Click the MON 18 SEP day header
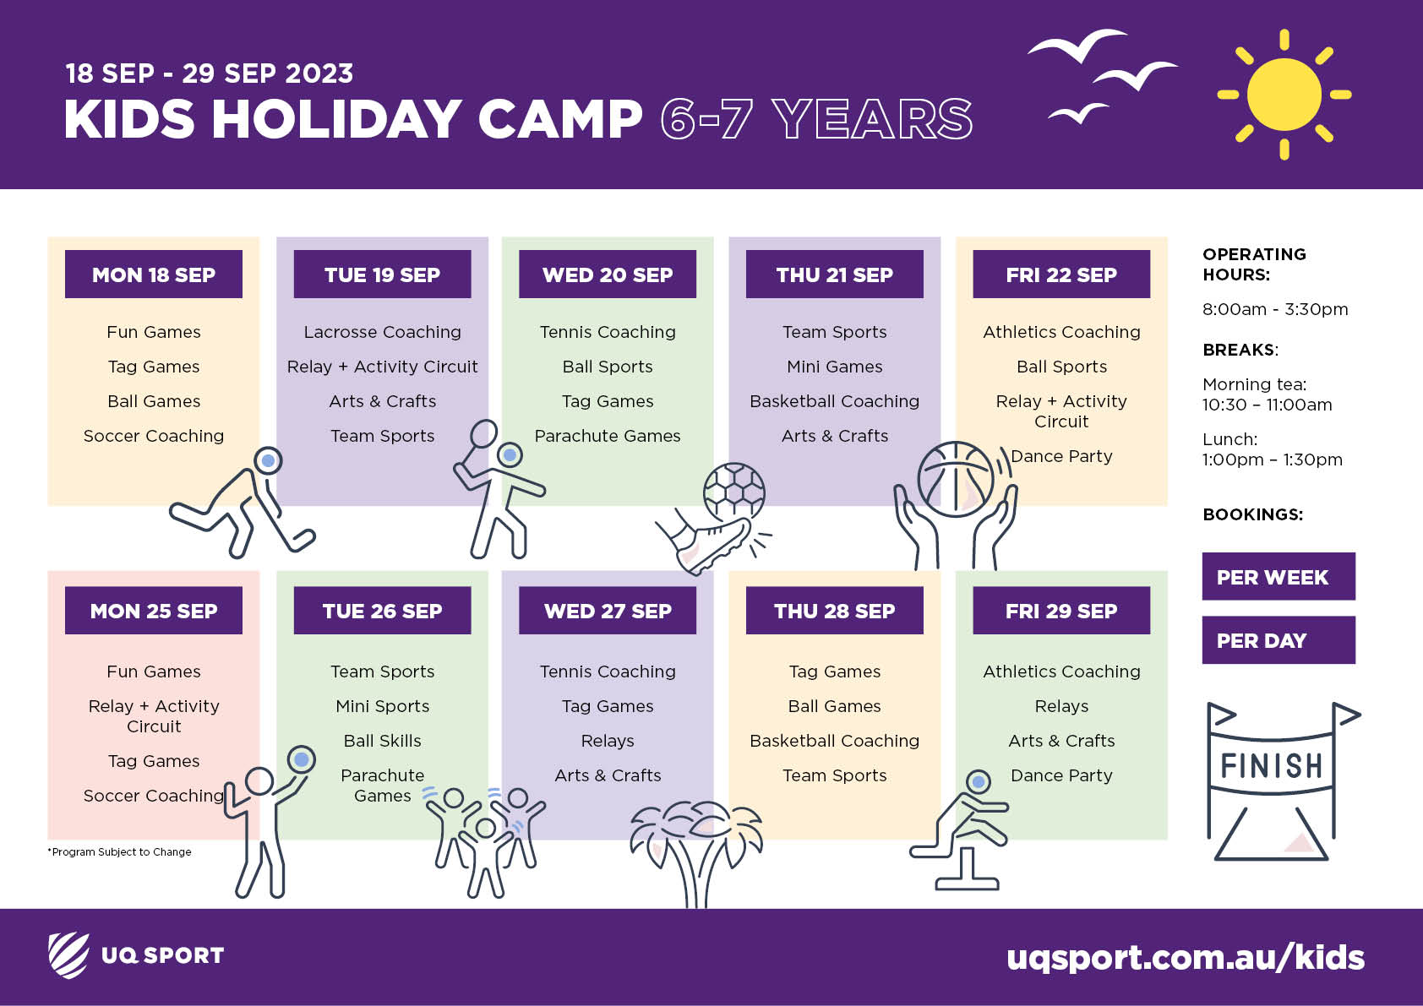click(153, 275)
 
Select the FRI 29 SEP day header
click(1060, 611)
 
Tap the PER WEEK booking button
click(1279, 577)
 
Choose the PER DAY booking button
click(1279, 640)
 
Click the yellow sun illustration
click(1284, 95)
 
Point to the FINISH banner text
click(1271, 765)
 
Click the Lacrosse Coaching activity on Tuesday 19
click(383, 332)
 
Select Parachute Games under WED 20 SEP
click(608, 436)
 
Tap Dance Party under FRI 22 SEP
click(1061, 456)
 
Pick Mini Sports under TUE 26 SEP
click(383, 706)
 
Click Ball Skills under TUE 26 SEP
click(383, 741)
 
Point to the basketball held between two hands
click(955, 479)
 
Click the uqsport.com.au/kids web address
click(1186, 958)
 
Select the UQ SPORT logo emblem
click(68, 954)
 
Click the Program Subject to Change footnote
click(119, 851)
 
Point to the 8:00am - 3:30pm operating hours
click(1275, 309)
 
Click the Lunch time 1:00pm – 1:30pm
click(1272, 449)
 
